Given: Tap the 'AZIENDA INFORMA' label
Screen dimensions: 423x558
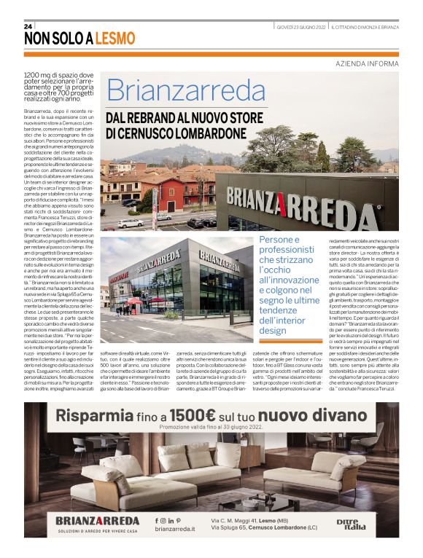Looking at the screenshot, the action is (x=368, y=63).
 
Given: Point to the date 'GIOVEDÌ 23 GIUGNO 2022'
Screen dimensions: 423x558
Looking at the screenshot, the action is (x=301, y=27).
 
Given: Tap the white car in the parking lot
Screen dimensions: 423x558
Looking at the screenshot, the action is (x=131, y=223).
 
